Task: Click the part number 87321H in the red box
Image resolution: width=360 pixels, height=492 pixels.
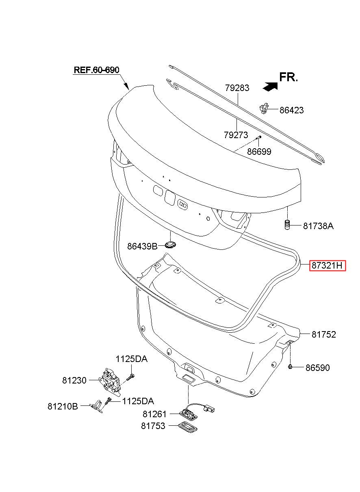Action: (x=327, y=266)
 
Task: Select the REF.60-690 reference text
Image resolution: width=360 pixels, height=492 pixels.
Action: (x=96, y=70)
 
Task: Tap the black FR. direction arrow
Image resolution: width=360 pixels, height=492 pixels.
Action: (x=270, y=86)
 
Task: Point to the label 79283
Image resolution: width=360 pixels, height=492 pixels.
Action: (x=237, y=88)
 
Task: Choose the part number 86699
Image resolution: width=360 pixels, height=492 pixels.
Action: (x=259, y=152)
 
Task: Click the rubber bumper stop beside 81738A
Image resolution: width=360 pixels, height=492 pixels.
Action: (x=287, y=225)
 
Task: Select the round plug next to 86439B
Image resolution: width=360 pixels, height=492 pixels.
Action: (x=170, y=245)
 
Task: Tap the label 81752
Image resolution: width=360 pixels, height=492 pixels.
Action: (x=324, y=334)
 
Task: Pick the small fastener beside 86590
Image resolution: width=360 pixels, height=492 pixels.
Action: (x=290, y=366)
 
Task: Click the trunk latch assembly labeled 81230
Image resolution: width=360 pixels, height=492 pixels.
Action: (x=110, y=382)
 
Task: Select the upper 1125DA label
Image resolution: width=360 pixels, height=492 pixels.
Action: (x=131, y=359)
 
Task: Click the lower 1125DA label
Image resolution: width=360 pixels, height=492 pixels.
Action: (x=138, y=401)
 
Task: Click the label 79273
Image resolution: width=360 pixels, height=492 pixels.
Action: (x=236, y=134)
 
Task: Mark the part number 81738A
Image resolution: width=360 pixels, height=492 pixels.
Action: (x=318, y=226)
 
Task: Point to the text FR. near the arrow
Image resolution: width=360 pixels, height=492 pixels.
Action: (x=288, y=77)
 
